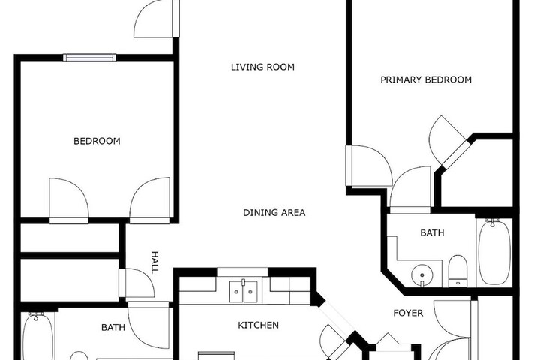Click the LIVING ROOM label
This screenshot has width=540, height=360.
click(262, 67)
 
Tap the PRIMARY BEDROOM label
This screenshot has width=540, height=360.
click(426, 79)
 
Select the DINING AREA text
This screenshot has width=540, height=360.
click(274, 212)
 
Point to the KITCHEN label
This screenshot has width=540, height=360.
click(258, 325)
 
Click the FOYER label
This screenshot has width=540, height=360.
click(408, 313)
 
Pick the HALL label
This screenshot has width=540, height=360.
click(154, 262)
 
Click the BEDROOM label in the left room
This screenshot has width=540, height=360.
click(97, 141)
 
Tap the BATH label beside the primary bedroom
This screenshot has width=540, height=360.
click(432, 233)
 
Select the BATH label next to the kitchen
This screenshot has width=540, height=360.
click(113, 327)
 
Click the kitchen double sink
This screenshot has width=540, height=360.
click(243, 291)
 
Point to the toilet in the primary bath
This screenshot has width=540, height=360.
click(457, 271)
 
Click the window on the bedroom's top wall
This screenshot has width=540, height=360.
click(89, 57)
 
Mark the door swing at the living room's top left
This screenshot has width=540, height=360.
click(157, 19)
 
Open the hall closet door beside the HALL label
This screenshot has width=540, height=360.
click(136, 283)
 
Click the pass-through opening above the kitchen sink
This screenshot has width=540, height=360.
click(243, 271)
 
